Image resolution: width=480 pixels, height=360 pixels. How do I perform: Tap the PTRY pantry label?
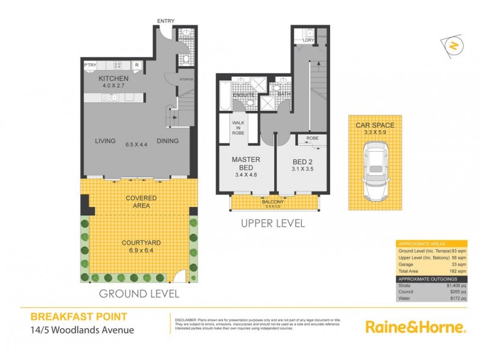coord(91,65)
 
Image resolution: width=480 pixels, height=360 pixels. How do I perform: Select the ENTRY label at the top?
coord(166,22)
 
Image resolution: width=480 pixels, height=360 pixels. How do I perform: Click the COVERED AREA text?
coord(141,202)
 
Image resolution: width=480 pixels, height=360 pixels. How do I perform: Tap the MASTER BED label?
coord(244,164)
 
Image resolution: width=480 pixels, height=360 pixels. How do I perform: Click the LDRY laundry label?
coord(308,41)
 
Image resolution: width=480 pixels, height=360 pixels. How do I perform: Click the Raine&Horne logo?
coord(415,327)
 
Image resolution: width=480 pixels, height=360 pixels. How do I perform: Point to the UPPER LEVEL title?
coord(273,223)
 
